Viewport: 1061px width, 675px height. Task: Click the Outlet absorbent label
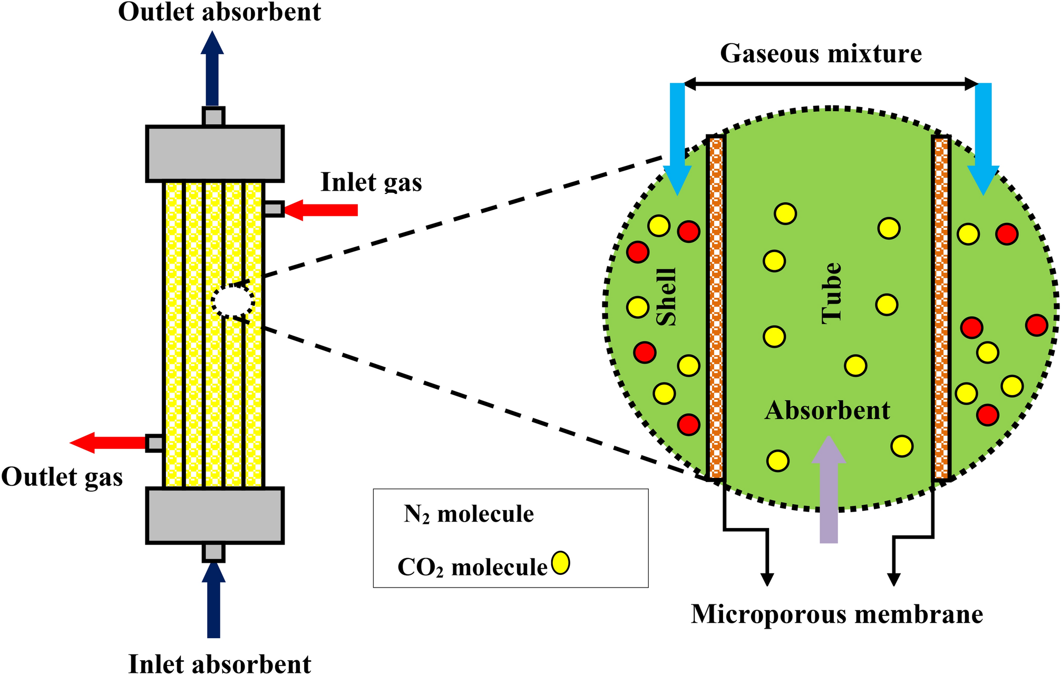[x=219, y=12]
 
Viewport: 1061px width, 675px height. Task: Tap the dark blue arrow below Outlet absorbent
[x=212, y=69]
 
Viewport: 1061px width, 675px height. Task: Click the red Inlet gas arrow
[x=322, y=210]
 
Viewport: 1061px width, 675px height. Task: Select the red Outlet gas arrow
[x=108, y=443]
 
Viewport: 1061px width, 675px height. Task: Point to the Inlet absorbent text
[x=219, y=663]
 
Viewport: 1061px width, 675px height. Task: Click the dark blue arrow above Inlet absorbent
[x=213, y=601]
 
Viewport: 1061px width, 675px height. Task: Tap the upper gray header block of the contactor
[x=215, y=154]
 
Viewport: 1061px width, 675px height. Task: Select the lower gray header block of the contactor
[x=215, y=515]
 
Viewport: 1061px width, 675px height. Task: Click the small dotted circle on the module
[x=233, y=301]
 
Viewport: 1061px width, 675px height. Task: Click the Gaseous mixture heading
[x=821, y=53]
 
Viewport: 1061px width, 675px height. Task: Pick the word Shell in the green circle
[x=666, y=297]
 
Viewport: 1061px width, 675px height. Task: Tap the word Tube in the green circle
[x=832, y=293]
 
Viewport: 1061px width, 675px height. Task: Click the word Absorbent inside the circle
[x=827, y=410]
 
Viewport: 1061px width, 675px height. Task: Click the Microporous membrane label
[x=836, y=614]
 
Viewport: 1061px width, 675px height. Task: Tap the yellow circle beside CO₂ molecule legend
[x=560, y=563]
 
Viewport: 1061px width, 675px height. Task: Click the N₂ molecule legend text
[x=469, y=514]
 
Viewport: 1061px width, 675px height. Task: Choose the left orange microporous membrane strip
[x=716, y=307]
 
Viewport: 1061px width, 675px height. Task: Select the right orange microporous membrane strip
[x=941, y=307]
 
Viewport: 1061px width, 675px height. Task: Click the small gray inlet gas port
[x=273, y=209]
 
